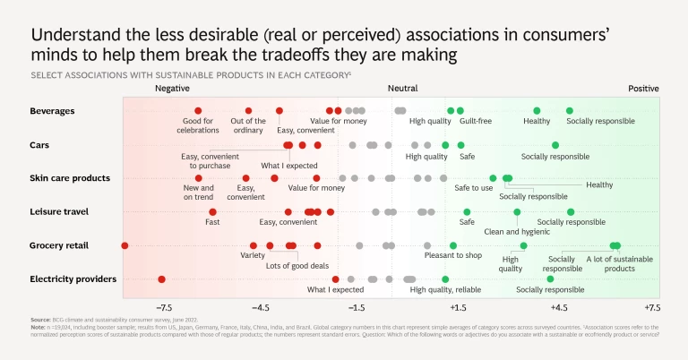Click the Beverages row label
click(x=52, y=111)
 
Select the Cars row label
click(x=41, y=145)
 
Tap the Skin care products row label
click(x=70, y=178)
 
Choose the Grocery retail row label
click(x=59, y=245)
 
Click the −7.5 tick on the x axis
click(x=163, y=307)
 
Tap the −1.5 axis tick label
click(x=356, y=307)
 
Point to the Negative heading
click(x=172, y=89)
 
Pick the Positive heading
click(x=643, y=89)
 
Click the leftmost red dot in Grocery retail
click(x=125, y=245)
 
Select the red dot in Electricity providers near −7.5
click(x=162, y=279)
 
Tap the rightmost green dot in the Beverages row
click(x=569, y=111)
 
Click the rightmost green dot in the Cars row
click(x=555, y=145)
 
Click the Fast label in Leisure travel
click(x=212, y=222)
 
